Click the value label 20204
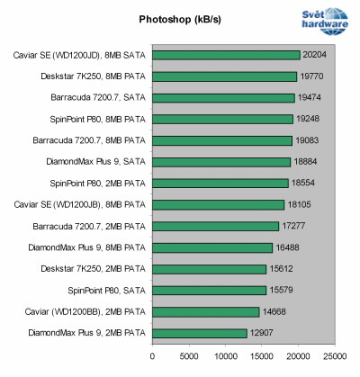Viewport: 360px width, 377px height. [x=316, y=55]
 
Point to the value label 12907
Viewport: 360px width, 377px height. [x=262, y=333]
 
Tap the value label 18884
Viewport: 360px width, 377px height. [x=306, y=162]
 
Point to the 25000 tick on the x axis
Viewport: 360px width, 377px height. [x=335, y=355]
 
